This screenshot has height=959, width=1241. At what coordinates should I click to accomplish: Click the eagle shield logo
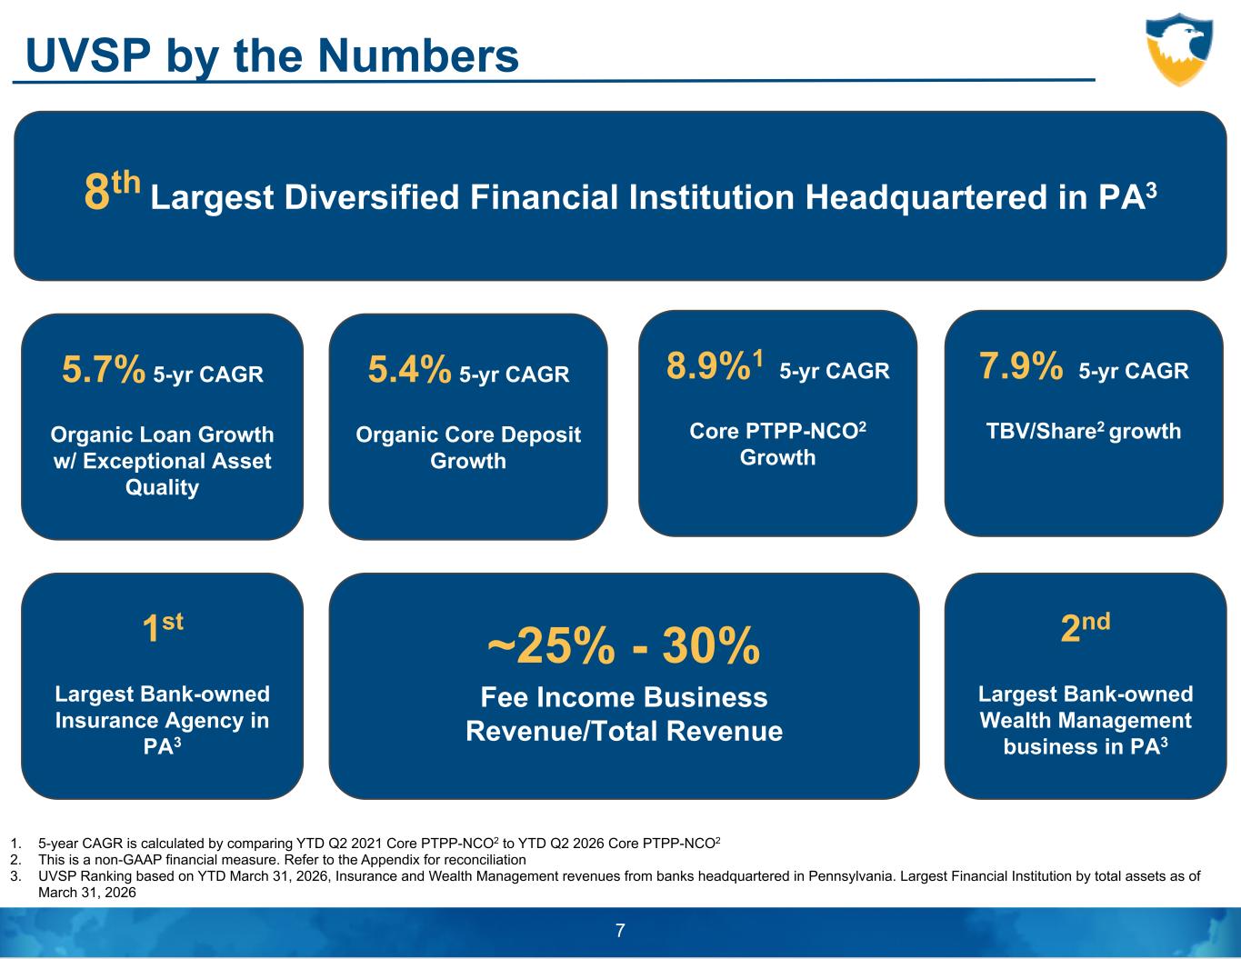coord(1179,50)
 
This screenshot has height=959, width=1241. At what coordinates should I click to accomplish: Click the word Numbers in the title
coord(418,56)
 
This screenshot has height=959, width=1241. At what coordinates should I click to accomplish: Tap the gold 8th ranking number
coord(112,191)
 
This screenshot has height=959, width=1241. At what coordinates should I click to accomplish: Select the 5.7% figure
coord(104,369)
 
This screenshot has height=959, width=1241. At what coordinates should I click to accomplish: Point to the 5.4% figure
coord(409,369)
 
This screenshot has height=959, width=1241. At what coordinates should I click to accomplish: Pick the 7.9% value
coord(1021,365)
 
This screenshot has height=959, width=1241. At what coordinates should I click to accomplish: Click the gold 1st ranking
coord(163,627)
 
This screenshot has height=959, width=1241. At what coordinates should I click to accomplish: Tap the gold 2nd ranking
coord(1086,627)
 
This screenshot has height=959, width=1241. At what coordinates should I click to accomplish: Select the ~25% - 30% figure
coord(624,645)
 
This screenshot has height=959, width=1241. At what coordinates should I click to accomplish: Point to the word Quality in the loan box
coord(162,487)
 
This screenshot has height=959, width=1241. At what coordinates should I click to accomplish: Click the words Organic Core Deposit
coord(468,435)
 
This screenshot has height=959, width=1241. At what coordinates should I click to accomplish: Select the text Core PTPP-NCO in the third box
coord(777,431)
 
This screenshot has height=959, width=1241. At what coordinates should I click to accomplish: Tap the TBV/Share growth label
coord(1084,431)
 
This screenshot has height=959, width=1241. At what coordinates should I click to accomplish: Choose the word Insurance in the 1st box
coord(102,721)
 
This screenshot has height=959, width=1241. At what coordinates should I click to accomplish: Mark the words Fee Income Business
coord(625,697)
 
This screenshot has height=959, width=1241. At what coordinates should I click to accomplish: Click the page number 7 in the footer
coord(620,931)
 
